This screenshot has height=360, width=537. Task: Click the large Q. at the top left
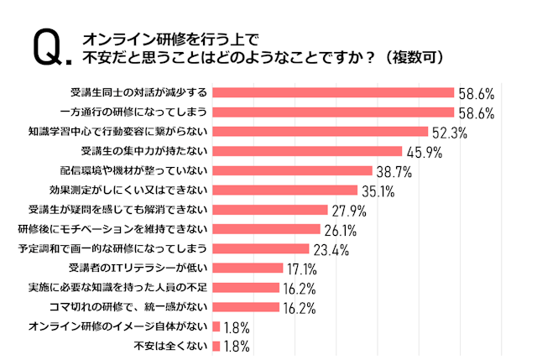(x=50, y=48)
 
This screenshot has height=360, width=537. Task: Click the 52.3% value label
(x=450, y=133)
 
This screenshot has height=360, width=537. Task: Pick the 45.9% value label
(x=424, y=152)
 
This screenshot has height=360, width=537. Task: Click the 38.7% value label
(x=394, y=171)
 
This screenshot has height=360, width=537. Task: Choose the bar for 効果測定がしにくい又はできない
(x=286, y=190)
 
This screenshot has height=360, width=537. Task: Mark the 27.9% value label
(x=349, y=211)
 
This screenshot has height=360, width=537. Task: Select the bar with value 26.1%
(x=267, y=229)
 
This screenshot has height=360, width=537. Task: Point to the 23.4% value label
(x=331, y=249)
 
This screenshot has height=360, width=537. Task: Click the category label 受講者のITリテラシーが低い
(x=139, y=269)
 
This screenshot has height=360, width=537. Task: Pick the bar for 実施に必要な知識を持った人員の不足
(x=247, y=288)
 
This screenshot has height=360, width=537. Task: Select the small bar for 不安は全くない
(x=217, y=346)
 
